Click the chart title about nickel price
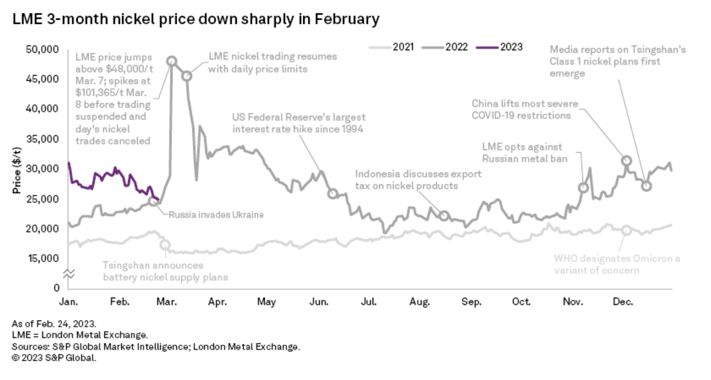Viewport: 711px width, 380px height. tap(195, 20)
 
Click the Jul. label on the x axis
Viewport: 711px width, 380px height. tap(368, 302)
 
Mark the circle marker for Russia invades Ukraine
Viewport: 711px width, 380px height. tap(153, 201)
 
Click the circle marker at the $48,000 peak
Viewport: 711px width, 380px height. tap(172, 61)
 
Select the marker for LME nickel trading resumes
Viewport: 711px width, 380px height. tap(187, 76)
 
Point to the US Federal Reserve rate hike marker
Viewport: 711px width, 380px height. tap(333, 194)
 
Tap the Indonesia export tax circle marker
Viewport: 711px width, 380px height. tap(444, 216)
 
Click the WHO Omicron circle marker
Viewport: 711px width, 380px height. tap(627, 230)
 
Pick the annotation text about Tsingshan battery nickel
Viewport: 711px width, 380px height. tap(165, 271)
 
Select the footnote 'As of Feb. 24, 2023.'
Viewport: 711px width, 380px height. tap(53, 324)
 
